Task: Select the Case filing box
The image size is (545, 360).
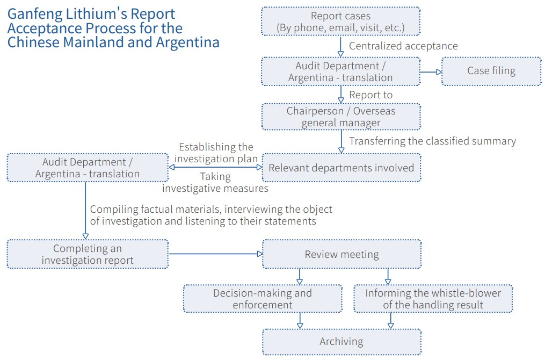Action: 491,71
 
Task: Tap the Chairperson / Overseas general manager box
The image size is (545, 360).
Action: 341,117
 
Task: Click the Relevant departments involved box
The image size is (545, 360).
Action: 341,168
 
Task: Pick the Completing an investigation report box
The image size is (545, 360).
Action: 87,255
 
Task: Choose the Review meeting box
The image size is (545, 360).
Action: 341,255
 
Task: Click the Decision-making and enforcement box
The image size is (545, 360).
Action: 262,299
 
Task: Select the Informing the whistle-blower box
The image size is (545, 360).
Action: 433,299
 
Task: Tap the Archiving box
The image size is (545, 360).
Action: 341,342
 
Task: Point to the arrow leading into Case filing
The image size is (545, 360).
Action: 431,71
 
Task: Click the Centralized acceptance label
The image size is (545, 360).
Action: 403,46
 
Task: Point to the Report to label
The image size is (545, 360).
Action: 370,95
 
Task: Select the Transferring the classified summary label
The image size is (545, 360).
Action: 432,141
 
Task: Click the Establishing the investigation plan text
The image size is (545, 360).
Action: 215,153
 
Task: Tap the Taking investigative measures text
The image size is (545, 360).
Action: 215,183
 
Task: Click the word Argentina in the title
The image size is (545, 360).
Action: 186,42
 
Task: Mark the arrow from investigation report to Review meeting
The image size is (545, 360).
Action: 215,254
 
